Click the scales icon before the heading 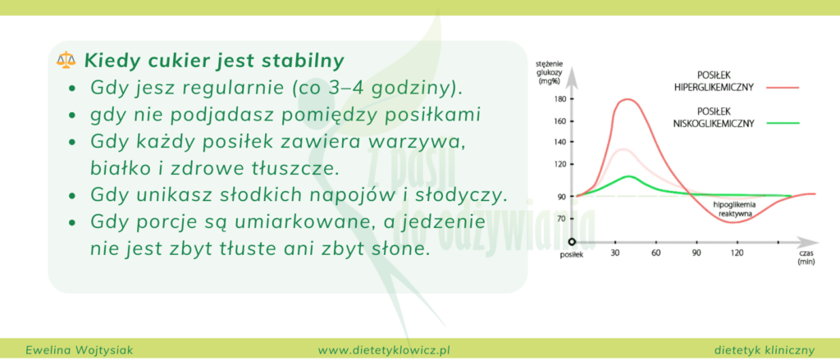pyautogui.click(x=65, y=61)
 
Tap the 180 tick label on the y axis pyautogui.click(x=560, y=99)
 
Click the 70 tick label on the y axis pyautogui.click(x=562, y=218)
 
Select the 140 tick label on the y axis pyautogui.click(x=560, y=143)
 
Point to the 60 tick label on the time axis pyautogui.click(x=655, y=253)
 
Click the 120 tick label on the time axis pyautogui.click(x=736, y=253)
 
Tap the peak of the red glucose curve pyautogui.click(x=628, y=100)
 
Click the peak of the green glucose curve pyautogui.click(x=628, y=176)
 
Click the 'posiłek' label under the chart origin pyautogui.click(x=571, y=256)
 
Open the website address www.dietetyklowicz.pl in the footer pyautogui.click(x=386, y=349)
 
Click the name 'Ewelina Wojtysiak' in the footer pyautogui.click(x=74, y=349)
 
